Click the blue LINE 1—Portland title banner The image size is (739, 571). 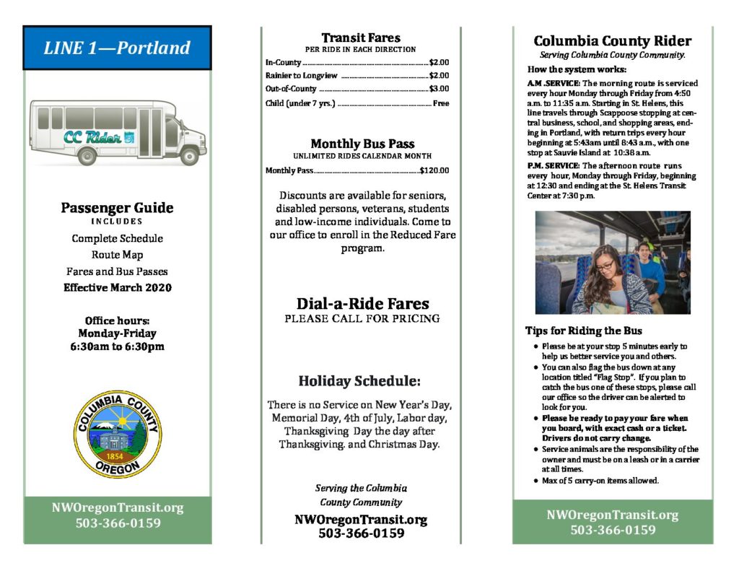(x=117, y=48)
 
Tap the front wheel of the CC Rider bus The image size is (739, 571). (x=189, y=154)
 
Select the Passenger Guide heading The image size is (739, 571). (x=117, y=208)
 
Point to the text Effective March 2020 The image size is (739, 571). (x=117, y=287)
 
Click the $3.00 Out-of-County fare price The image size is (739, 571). (x=439, y=89)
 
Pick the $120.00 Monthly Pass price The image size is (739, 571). (x=434, y=170)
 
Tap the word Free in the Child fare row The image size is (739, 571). (x=440, y=103)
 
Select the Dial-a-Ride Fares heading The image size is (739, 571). (x=362, y=304)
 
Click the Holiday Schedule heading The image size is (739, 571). (x=359, y=380)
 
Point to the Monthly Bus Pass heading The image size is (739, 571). (x=362, y=143)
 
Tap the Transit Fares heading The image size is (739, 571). (x=361, y=38)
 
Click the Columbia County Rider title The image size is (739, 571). (x=612, y=41)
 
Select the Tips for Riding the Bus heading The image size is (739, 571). (x=583, y=331)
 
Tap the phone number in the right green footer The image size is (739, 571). (x=613, y=530)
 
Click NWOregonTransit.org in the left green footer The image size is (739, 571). (x=118, y=507)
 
